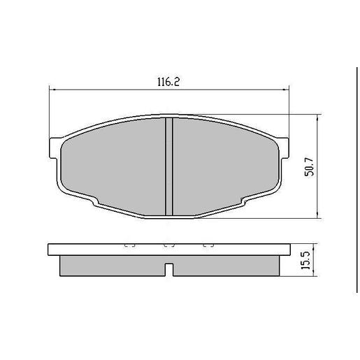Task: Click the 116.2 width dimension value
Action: (x=168, y=82)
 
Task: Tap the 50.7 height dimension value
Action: (x=308, y=166)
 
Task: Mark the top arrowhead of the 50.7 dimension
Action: (x=318, y=117)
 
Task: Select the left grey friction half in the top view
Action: (x=112, y=165)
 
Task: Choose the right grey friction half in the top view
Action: (x=224, y=165)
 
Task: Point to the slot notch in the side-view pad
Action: (x=168, y=268)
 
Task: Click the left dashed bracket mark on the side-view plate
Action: (x=129, y=246)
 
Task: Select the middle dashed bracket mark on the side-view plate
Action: (x=168, y=246)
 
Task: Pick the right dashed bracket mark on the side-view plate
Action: (x=207, y=246)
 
